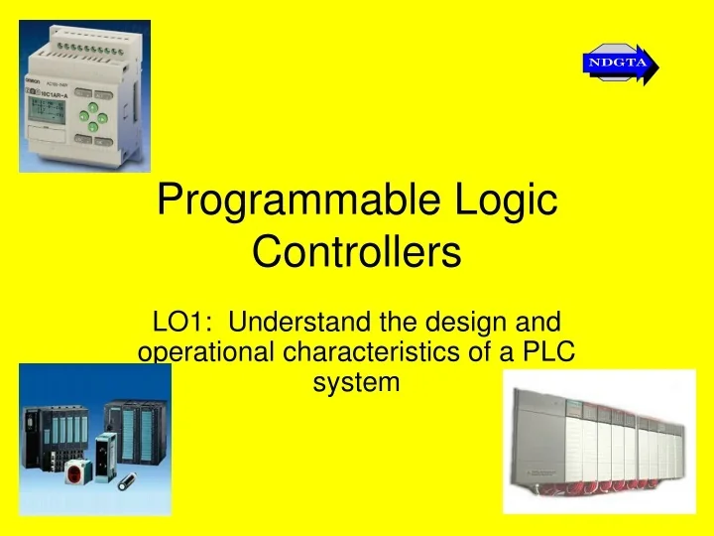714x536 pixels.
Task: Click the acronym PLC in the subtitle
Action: click(550, 352)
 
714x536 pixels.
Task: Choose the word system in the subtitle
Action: click(357, 382)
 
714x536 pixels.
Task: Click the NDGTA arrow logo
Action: click(621, 65)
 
